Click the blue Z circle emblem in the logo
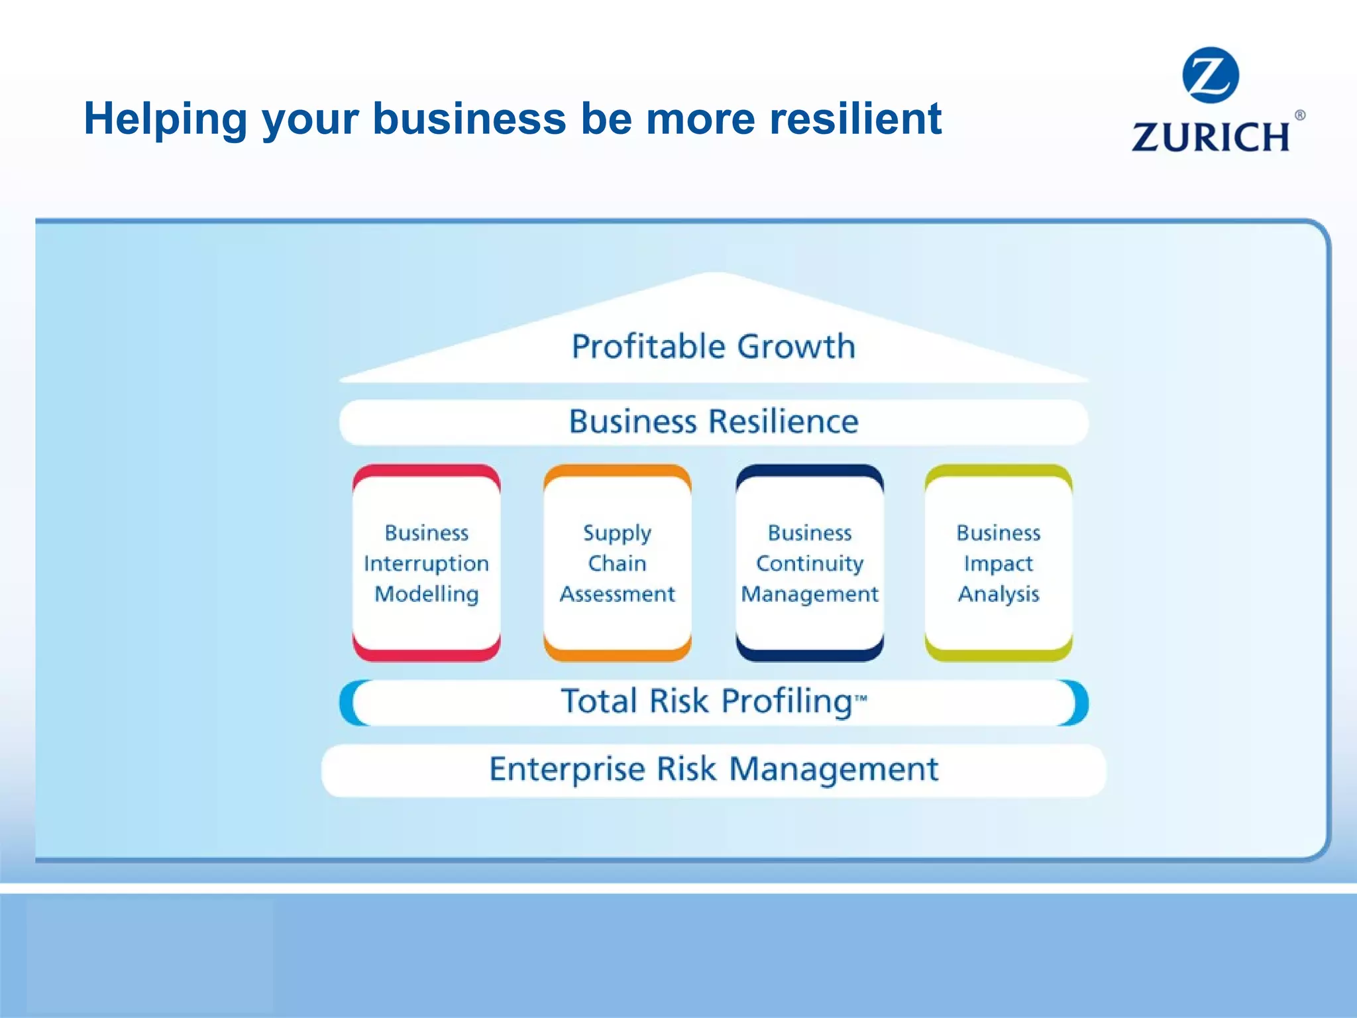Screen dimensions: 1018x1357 point(1210,75)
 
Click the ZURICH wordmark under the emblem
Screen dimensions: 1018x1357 point(1211,137)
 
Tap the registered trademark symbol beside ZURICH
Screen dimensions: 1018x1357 point(1299,115)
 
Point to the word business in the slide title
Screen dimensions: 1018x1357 point(469,119)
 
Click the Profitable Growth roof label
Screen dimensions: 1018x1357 point(713,347)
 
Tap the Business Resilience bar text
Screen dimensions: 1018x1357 point(713,422)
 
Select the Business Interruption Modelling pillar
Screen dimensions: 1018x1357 point(426,563)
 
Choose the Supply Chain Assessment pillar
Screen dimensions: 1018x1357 point(617,563)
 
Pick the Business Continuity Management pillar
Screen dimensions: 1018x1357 point(809,563)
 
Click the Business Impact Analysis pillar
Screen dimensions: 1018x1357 point(998,563)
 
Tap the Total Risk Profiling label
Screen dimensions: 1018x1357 point(706,701)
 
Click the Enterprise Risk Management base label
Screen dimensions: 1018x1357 point(713,769)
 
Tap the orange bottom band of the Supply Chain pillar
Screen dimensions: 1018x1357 point(617,654)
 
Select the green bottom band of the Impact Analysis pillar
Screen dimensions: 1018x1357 point(998,654)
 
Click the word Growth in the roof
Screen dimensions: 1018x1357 point(796,347)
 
